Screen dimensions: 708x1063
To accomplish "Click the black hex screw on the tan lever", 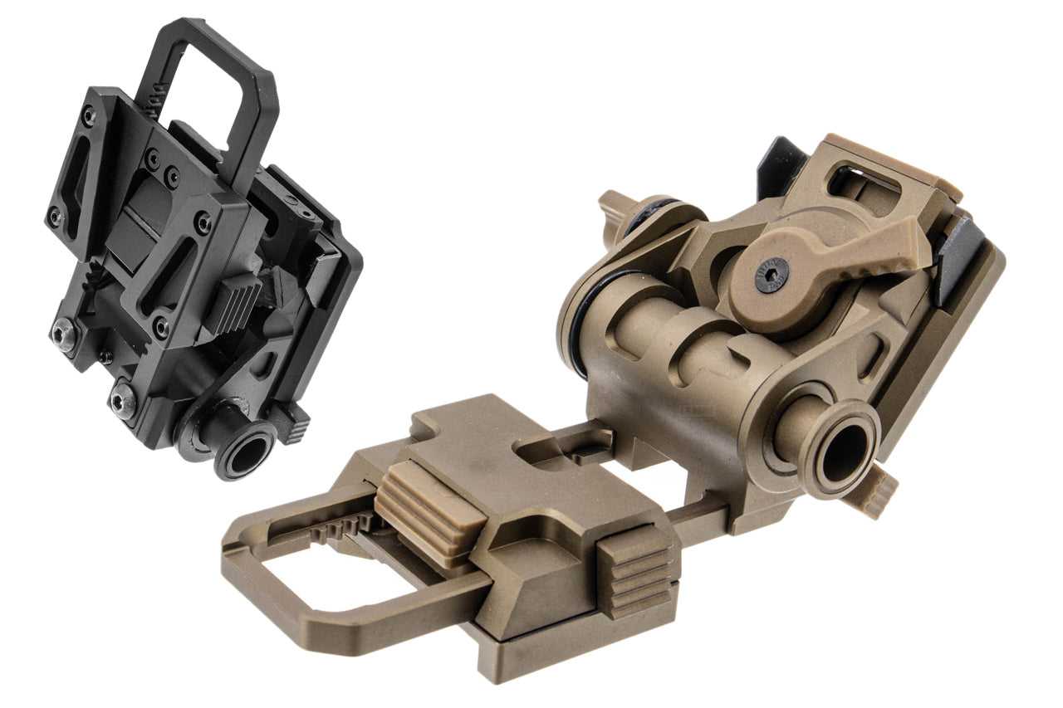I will (772, 275).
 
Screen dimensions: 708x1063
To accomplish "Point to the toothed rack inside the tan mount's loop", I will (340, 526).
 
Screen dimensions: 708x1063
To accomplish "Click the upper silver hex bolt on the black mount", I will (64, 333).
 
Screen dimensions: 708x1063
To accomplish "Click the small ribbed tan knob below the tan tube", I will (880, 493).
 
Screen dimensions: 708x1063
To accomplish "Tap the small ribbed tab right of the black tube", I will (295, 422).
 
